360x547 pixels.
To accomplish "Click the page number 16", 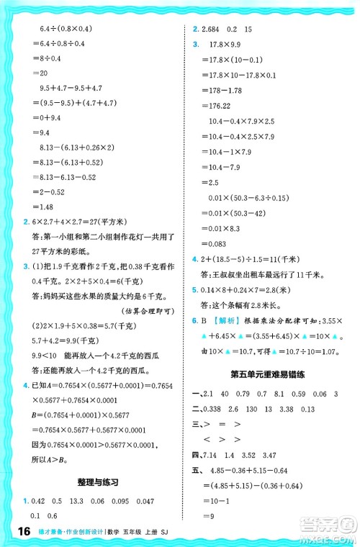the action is coord(20,531).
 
